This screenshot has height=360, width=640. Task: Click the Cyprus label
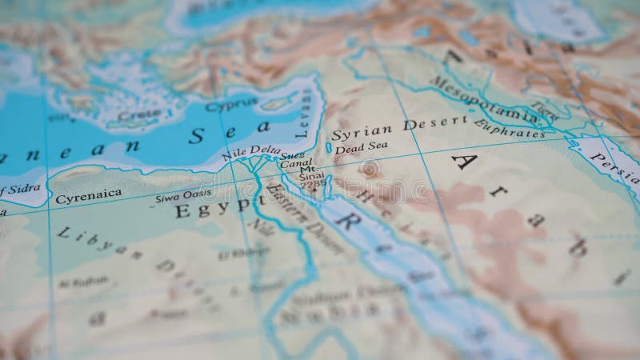click(x=231, y=103)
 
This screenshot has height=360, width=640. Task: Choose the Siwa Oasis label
click(x=183, y=194)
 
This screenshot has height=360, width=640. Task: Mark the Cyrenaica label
click(x=88, y=194)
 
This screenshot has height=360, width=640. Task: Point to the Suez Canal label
click(x=291, y=159)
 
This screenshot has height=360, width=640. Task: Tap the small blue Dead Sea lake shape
click(x=328, y=148)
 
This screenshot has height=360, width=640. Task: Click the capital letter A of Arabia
click(x=463, y=163)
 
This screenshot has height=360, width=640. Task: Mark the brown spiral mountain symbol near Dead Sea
click(x=369, y=170)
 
